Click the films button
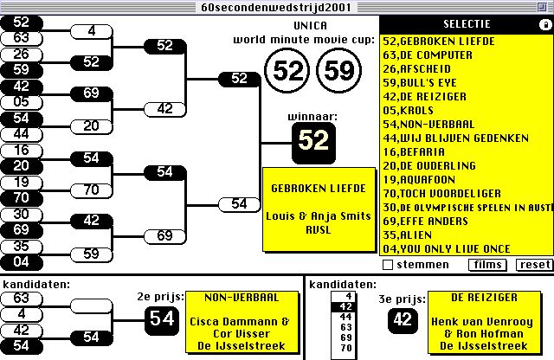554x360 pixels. click(488, 264)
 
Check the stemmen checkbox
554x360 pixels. click(388, 264)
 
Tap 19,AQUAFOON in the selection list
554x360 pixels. click(418, 179)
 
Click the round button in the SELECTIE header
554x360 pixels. click(544, 24)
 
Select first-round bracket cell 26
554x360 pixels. click(22, 54)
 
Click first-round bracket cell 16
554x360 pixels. click(22, 151)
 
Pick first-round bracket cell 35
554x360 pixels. click(22, 245)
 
